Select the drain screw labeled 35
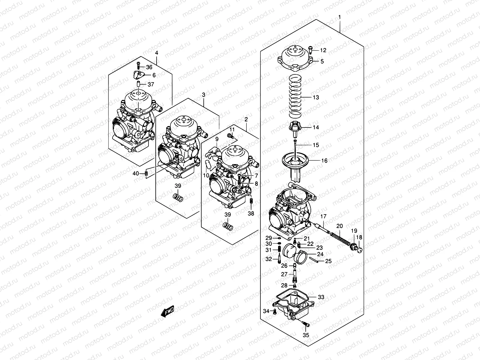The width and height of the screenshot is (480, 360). (306, 324)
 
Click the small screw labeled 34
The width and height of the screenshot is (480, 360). (274, 311)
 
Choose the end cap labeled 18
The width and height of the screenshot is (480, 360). (360, 249)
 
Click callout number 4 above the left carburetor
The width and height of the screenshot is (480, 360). (156, 53)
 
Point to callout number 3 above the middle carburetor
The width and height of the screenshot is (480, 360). (203, 95)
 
